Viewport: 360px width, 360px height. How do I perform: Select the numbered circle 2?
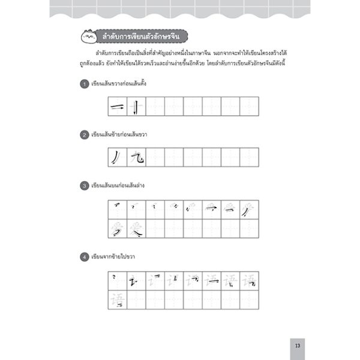(x=85, y=136)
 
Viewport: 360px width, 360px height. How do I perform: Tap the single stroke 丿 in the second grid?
(x=116, y=158)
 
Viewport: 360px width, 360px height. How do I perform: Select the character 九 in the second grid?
(x=136, y=158)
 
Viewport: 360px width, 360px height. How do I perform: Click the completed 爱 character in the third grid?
(x=136, y=229)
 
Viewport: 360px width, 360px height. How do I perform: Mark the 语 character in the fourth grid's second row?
(x=116, y=299)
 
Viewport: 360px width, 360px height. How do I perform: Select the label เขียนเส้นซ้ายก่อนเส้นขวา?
(x=120, y=136)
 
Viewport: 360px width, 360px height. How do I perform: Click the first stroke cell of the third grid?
(x=116, y=209)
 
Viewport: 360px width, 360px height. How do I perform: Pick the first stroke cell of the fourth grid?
(x=116, y=280)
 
